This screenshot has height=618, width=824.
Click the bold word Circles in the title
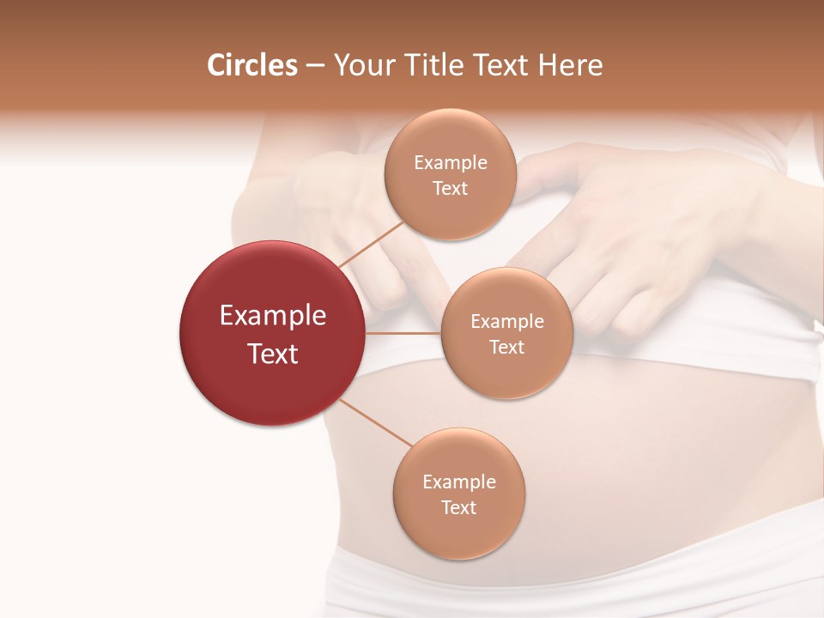pos(251,65)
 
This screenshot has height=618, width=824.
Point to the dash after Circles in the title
pos(315,66)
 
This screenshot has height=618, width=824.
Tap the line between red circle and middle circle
pos(403,333)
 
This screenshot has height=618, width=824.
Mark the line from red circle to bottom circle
pos(376,423)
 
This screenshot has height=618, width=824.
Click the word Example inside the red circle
pos(273,316)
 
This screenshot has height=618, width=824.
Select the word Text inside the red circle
pos(273,354)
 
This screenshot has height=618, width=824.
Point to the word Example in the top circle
pos(451,163)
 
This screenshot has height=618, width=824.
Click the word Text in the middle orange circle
pos(507,348)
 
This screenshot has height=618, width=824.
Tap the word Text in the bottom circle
pos(459,508)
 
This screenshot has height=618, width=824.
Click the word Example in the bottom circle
pos(459,482)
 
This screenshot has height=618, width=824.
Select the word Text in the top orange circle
pos(451,189)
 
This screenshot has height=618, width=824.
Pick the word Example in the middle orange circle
pos(507,322)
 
